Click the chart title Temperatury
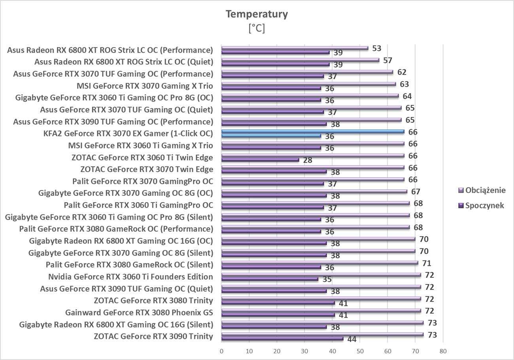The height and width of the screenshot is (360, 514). (x=257, y=14)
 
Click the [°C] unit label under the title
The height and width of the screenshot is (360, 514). (x=257, y=28)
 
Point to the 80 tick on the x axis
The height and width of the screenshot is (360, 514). (x=443, y=351)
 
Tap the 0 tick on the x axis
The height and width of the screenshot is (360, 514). (x=221, y=351)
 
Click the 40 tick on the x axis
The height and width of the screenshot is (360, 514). (x=332, y=351)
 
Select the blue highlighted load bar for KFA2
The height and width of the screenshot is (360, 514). (x=312, y=131)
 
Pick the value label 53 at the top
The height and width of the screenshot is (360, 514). (x=377, y=48)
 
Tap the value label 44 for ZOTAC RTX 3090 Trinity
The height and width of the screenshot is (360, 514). (x=351, y=339)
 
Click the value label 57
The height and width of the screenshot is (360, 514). (x=387, y=61)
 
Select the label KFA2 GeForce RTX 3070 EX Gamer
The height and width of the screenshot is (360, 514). (x=128, y=133)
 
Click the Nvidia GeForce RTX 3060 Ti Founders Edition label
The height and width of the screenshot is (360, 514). (x=130, y=277)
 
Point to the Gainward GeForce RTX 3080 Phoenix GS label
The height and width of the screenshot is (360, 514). (x=139, y=313)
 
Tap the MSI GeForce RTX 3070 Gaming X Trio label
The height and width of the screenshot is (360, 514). (x=145, y=86)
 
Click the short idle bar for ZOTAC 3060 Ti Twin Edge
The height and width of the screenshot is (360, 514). (x=260, y=160)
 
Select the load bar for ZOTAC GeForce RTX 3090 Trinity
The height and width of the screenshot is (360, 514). (x=322, y=334)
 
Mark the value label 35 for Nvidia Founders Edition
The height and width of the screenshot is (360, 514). (x=327, y=280)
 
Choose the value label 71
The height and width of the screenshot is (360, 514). (x=427, y=263)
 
